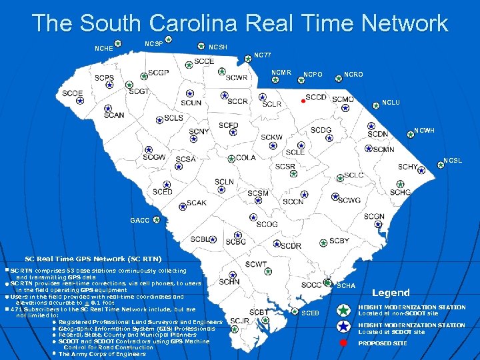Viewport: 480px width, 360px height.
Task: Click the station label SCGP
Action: point(158,73)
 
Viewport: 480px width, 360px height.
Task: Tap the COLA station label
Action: point(245,158)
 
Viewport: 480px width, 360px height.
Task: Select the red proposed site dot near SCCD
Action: point(303,101)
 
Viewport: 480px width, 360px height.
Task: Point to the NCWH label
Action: point(424,131)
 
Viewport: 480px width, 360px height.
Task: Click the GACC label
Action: point(140,220)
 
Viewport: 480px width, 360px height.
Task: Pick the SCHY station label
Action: point(407,167)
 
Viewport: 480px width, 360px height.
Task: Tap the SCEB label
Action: point(311,313)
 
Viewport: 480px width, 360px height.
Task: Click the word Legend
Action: point(391,293)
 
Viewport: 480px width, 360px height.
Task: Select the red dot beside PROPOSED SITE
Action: point(343,343)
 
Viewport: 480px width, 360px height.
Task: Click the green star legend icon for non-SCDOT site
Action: point(343,310)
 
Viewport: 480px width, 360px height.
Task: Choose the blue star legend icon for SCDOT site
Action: point(343,327)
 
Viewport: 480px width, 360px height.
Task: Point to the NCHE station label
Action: point(103,49)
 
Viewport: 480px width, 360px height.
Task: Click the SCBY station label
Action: point(339,241)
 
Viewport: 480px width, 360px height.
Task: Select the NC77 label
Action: point(263,55)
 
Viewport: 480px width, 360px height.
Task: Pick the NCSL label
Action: point(453,160)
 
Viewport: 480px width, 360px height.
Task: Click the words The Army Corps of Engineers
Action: point(102,354)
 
